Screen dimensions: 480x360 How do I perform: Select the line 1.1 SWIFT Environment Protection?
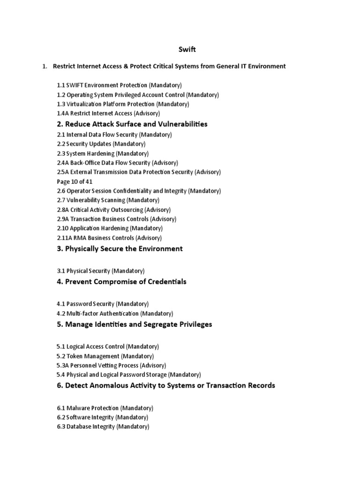pyautogui.click(x=119, y=85)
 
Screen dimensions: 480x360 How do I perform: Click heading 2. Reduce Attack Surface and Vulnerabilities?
pyautogui.click(x=132, y=124)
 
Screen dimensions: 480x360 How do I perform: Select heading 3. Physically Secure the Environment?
pyautogui.click(x=120, y=249)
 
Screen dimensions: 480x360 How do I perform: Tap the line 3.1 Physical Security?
pyautogui.click(x=101, y=271)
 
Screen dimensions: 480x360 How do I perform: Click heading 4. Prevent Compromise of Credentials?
pyautogui.click(x=121, y=282)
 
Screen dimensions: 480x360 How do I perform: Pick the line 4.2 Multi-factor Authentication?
pyautogui.click(x=115, y=313)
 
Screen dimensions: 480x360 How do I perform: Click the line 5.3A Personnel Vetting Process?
pyautogui.click(x=112, y=365)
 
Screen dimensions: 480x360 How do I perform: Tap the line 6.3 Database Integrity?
pyautogui.click(x=103, y=427)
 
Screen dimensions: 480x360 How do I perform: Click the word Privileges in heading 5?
pyautogui.click(x=193, y=324)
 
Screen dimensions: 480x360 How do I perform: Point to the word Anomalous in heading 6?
pyautogui.click(x=105, y=385)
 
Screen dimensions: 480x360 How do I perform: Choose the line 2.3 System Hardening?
pyautogui.click(x=103, y=153)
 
